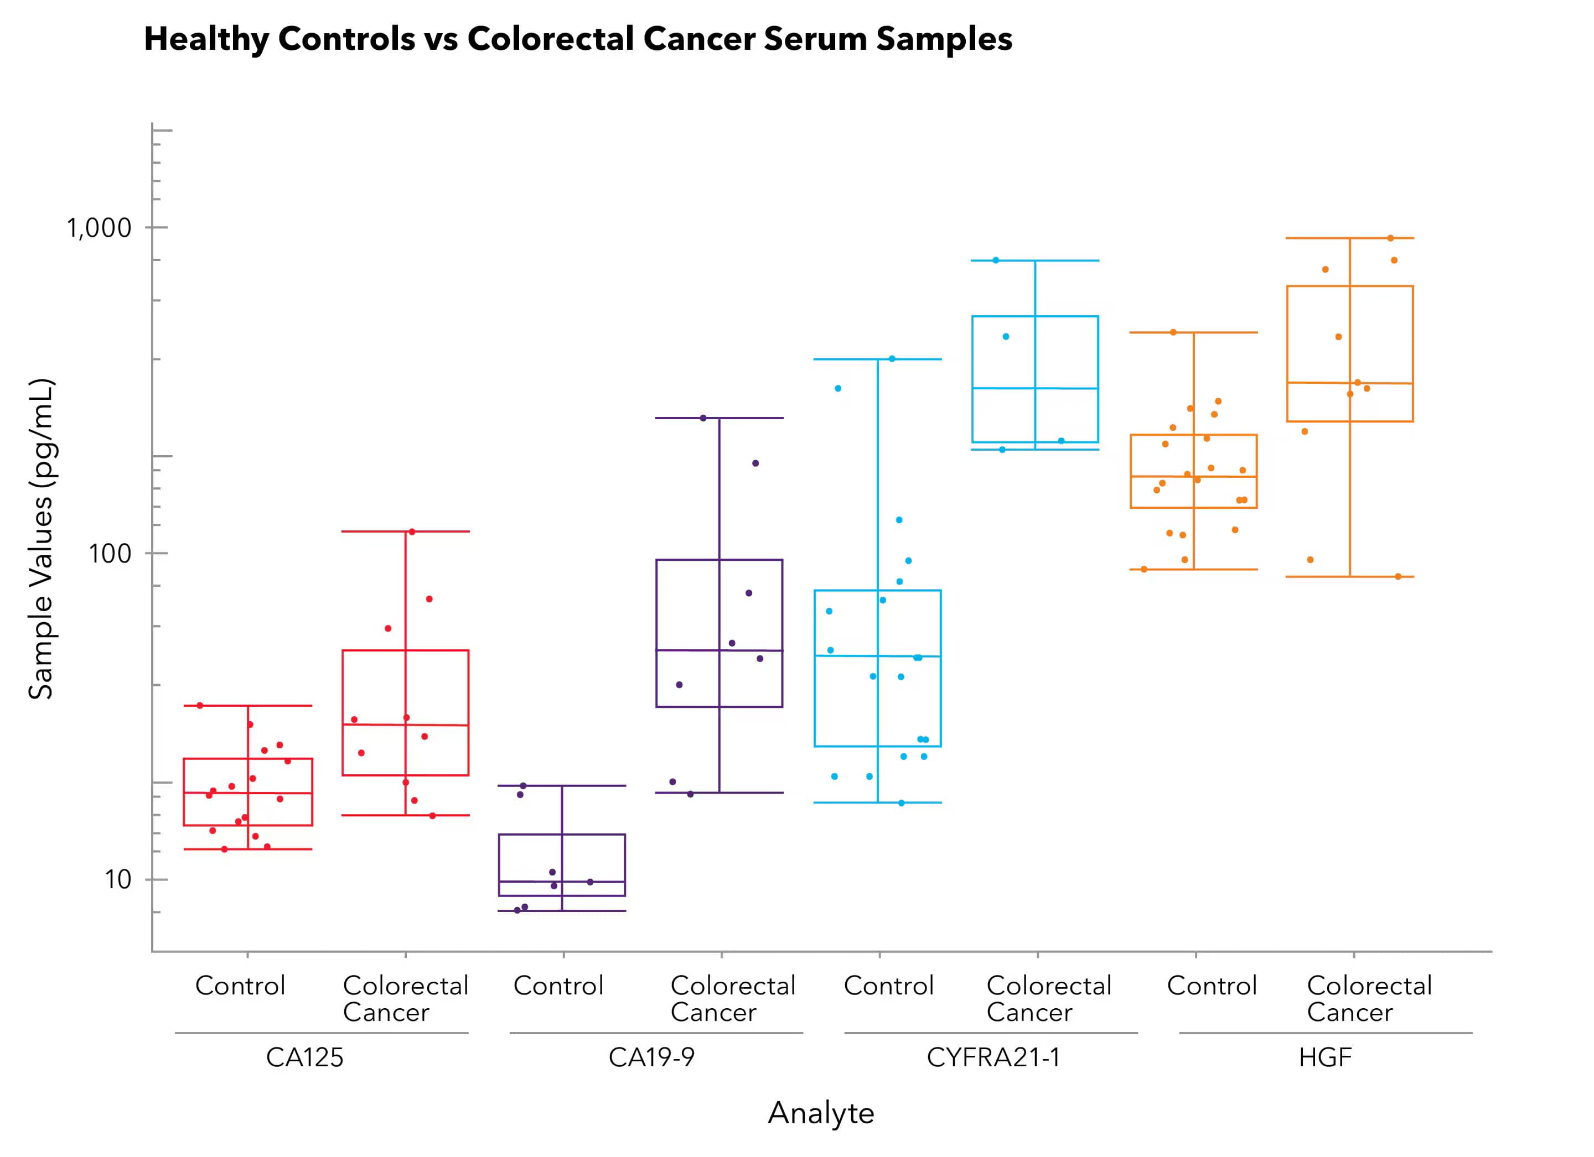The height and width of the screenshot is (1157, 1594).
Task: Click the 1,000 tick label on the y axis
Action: pyautogui.click(x=99, y=228)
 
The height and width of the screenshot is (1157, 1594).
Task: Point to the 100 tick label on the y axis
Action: pyautogui.click(x=110, y=554)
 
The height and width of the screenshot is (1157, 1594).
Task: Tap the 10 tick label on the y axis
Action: pyautogui.click(x=118, y=879)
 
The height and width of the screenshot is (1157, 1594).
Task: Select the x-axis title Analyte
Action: pyautogui.click(x=820, y=1113)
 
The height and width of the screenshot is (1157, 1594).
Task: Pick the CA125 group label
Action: pyautogui.click(x=304, y=1057)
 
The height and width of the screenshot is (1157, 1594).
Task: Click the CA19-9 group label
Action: pyautogui.click(x=651, y=1057)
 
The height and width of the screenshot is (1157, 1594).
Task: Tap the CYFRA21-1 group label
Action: pyautogui.click(x=992, y=1057)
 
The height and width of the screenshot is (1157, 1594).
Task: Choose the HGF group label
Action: pyautogui.click(x=1325, y=1057)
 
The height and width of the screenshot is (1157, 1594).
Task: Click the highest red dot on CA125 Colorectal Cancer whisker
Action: pyautogui.click(x=412, y=532)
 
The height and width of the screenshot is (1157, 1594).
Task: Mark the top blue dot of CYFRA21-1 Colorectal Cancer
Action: pyautogui.click(x=996, y=260)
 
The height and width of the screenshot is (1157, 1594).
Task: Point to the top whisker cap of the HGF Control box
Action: pyautogui.click(x=1193, y=332)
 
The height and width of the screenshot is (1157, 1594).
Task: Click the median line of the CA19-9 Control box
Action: pyautogui.click(x=562, y=881)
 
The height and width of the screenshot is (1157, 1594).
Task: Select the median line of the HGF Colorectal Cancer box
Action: pyautogui.click(x=1349, y=383)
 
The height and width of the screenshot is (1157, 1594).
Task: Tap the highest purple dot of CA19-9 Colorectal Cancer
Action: pyautogui.click(x=703, y=418)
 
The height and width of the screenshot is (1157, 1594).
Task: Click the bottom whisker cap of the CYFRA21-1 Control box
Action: pyautogui.click(x=877, y=802)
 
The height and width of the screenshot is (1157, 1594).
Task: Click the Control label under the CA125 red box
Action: pyautogui.click(x=240, y=986)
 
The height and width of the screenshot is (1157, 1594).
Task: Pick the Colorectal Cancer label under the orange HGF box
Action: pyautogui.click(x=1368, y=999)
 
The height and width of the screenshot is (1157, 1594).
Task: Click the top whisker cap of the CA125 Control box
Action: pyautogui.click(x=247, y=705)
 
